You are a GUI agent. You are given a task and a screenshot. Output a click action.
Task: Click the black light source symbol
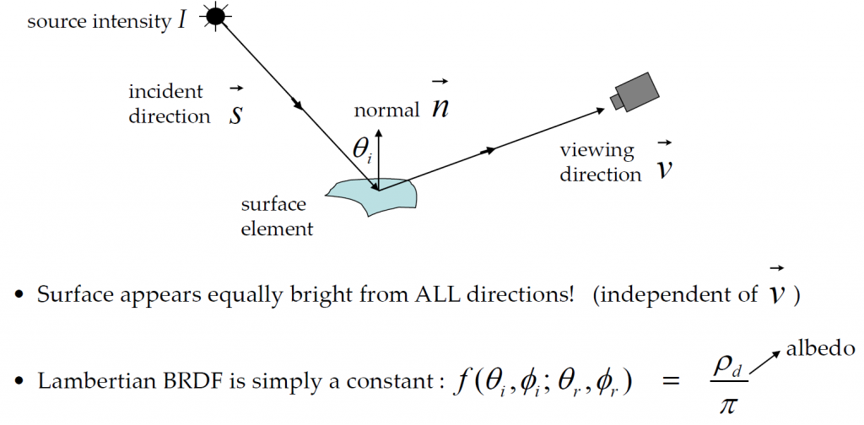(x=215, y=16)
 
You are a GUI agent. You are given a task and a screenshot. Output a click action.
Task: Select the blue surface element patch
(x=372, y=196)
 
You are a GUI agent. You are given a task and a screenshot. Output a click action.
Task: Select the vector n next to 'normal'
(x=439, y=103)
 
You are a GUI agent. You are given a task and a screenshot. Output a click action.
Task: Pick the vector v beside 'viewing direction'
(x=665, y=164)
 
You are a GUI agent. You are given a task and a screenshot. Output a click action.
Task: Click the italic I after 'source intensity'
(x=181, y=21)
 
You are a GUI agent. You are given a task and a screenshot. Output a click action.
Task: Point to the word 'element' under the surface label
(x=277, y=227)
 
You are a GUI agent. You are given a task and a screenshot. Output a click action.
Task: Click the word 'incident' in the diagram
(x=166, y=91)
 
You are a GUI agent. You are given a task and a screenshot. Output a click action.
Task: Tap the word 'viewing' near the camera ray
(x=597, y=151)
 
